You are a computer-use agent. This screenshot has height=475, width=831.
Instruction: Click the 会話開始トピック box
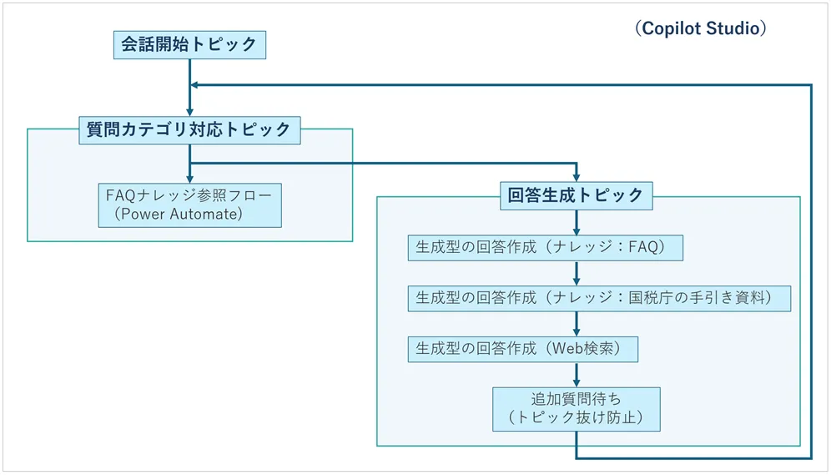point(189,45)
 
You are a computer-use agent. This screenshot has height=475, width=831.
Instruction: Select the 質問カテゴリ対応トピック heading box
point(189,129)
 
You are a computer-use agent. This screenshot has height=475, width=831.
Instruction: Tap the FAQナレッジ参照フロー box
point(189,205)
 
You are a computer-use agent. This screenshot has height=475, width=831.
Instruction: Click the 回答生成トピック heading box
point(576,195)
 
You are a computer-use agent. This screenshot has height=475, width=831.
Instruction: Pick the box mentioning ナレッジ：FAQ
point(546,248)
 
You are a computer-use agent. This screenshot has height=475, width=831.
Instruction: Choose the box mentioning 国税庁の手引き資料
point(599,298)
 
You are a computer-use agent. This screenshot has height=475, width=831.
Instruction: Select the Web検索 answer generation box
point(522,349)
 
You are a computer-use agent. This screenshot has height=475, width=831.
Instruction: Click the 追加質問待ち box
point(576,408)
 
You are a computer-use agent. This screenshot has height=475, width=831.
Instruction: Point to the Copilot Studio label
point(700,28)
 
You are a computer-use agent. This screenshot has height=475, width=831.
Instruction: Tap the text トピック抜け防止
point(576,417)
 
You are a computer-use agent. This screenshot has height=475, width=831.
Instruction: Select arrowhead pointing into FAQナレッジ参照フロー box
point(190,177)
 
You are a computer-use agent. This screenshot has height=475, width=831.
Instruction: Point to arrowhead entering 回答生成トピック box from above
point(576,176)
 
